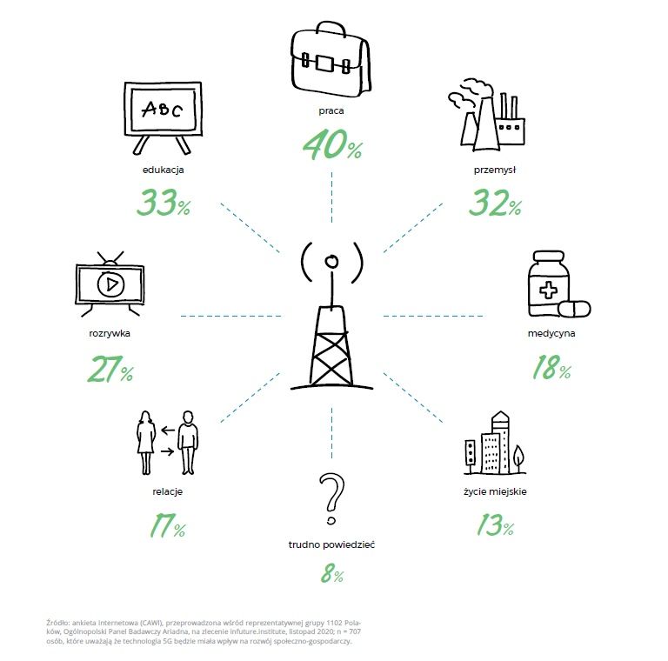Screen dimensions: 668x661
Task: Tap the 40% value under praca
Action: tap(333, 144)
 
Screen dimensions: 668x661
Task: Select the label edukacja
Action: tap(164, 170)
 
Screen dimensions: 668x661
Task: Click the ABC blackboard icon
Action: tap(163, 117)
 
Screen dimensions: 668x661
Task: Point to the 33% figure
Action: tap(164, 202)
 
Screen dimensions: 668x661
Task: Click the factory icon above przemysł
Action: tap(486, 114)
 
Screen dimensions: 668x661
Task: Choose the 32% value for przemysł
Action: tap(495, 203)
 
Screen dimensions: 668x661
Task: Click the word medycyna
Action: tap(551, 333)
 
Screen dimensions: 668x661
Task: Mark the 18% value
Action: tap(551, 367)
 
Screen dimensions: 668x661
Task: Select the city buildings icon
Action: tap(495, 443)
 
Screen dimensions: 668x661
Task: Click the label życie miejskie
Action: tap(495, 491)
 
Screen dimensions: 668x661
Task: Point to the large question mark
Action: tap(331, 498)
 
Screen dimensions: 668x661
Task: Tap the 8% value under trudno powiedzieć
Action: tap(332, 573)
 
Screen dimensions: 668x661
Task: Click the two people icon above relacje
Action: tap(167, 443)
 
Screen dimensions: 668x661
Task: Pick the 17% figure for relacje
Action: tap(167, 525)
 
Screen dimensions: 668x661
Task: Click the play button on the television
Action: tap(110, 284)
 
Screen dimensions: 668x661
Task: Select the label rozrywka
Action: tap(110, 333)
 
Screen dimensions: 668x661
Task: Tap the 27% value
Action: tap(110, 369)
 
